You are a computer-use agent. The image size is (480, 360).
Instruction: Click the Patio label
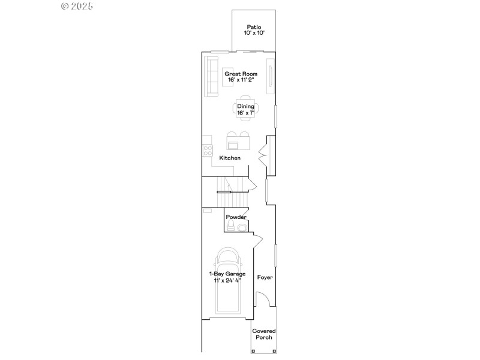[x=254, y=27]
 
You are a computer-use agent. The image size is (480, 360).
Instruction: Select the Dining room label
[x=245, y=106]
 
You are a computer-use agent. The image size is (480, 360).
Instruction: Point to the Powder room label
[x=236, y=217]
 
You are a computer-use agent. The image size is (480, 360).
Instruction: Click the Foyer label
[x=265, y=278]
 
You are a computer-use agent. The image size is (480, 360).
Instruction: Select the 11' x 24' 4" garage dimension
[x=227, y=280]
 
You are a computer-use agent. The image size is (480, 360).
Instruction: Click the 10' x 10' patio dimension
[x=254, y=34]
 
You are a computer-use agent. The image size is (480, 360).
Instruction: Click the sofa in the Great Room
[x=211, y=76]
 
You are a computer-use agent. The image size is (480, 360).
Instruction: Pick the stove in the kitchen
[x=208, y=151]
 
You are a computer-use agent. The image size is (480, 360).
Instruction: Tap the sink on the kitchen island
[x=233, y=145]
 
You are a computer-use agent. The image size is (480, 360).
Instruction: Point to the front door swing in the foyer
[x=262, y=299]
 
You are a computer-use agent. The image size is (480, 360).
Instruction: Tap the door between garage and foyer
[x=257, y=240]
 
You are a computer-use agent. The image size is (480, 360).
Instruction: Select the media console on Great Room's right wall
[x=271, y=76]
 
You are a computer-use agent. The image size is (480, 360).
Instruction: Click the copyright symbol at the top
[x=65, y=6]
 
